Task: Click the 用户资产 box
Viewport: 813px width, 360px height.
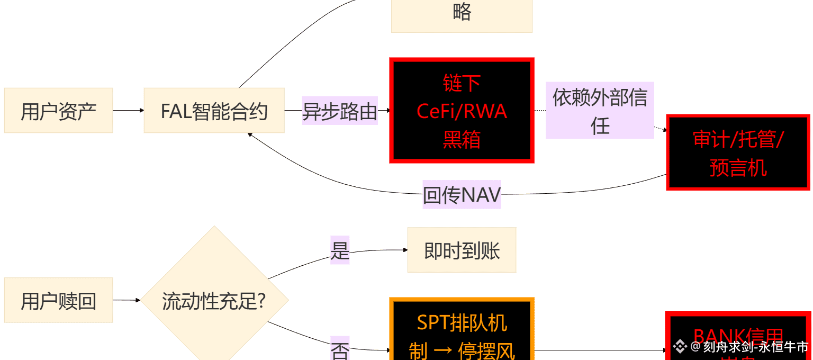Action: point(58,111)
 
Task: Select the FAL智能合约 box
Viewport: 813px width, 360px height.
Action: point(214,111)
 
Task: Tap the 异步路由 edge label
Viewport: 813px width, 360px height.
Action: point(340,111)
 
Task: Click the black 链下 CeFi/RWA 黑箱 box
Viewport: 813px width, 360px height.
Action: point(462,110)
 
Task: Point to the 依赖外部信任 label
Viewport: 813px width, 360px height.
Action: point(600,111)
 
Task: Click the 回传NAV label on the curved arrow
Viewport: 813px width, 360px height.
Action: point(462,194)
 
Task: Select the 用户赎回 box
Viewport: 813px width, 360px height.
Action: point(58,300)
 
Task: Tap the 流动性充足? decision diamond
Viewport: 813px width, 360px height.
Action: point(214,300)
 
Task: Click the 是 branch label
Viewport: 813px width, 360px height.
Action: point(340,250)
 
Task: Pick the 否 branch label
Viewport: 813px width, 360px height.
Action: point(340,349)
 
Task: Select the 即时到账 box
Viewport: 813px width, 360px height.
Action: point(462,250)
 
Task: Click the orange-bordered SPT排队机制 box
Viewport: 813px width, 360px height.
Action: point(462,331)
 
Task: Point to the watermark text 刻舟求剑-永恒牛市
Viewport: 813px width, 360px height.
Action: point(756,347)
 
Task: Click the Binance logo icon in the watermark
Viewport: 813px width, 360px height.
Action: point(680,347)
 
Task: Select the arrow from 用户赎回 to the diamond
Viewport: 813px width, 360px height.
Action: point(126,300)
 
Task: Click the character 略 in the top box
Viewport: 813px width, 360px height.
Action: point(462,12)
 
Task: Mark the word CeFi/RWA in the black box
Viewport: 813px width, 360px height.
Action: point(462,112)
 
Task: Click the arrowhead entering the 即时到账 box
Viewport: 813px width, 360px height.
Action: point(404,250)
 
